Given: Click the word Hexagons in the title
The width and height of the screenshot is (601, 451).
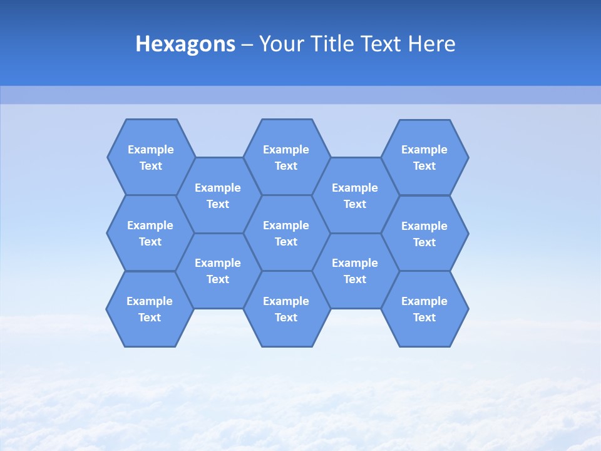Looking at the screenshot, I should (x=185, y=44).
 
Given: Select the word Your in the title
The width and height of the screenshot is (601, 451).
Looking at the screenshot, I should (x=276, y=44).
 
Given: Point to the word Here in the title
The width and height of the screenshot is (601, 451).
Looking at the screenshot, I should (x=431, y=44).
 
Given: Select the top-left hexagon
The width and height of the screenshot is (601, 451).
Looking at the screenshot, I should (x=151, y=157).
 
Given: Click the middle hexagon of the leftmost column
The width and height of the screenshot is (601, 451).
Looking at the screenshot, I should (x=150, y=233).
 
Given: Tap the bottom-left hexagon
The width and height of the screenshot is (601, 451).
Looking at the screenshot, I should (x=150, y=309).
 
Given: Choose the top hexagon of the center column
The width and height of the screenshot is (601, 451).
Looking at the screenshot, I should (x=286, y=157).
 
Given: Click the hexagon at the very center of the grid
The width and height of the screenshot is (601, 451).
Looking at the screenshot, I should (x=286, y=233).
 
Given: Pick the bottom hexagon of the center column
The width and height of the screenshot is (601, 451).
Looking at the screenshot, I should (x=286, y=309).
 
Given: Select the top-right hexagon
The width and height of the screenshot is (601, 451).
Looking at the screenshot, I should (x=424, y=157).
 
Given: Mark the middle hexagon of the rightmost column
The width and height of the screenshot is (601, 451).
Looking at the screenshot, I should (x=424, y=234).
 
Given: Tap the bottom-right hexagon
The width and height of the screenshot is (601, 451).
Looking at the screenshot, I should (x=424, y=309).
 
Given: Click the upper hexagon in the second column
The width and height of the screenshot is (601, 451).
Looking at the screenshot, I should (x=218, y=195).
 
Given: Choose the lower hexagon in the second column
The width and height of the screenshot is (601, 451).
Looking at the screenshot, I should (x=218, y=271).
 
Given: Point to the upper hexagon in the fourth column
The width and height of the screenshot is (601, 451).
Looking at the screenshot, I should (x=355, y=195).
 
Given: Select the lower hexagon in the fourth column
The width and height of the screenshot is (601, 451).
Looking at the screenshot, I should (x=355, y=271).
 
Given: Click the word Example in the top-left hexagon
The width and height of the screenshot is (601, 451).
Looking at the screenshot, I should (x=151, y=150).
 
